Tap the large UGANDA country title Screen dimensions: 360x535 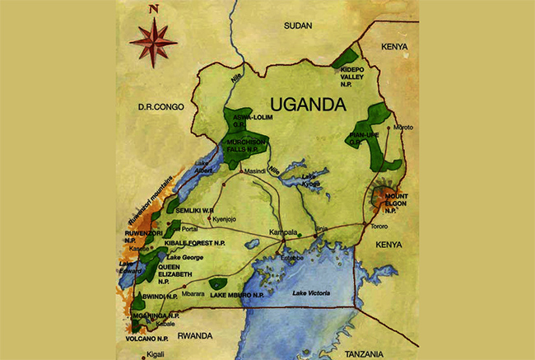[309, 105]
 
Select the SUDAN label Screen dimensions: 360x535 [299, 26]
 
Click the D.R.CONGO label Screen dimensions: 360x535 [160, 106]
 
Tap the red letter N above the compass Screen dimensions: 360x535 [153, 11]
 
